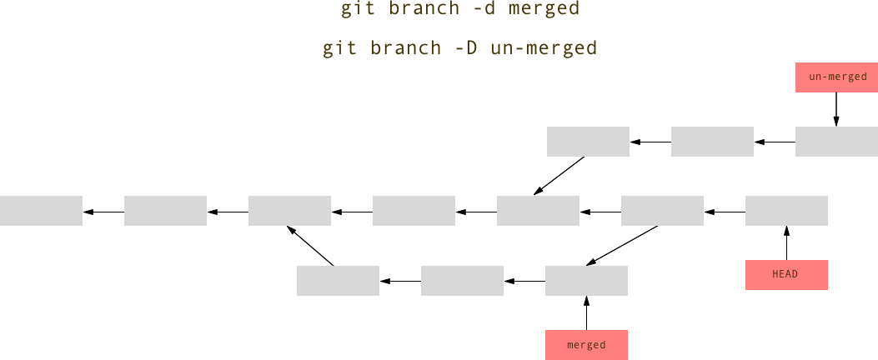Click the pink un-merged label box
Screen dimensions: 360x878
[836, 77]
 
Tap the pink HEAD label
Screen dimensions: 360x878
[786, 275]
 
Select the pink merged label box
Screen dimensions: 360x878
[586, 345]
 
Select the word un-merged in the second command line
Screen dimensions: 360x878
[544, 47]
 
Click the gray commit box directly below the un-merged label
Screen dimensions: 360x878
[836, 142]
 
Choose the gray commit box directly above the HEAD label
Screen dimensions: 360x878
[786, 211]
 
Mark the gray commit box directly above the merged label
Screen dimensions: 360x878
[586, 281]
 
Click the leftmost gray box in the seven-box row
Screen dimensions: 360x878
[41, 211]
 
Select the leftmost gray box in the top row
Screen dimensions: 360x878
[588, 142]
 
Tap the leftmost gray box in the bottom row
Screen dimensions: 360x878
[338, 281]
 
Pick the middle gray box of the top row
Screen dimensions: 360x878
[712, 142]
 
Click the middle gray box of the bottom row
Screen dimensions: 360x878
[462, 281]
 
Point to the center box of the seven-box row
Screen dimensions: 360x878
[414, 211]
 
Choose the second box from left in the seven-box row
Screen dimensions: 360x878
[165, 211]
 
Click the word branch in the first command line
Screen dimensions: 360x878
[424, 9]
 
